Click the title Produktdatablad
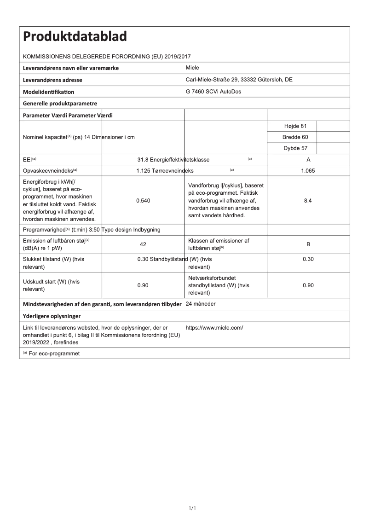pyautogui.click(x=75, y=36)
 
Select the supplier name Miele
pyautogui.click(x=192, y=68)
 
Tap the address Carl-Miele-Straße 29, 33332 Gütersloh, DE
pyautogui.click(x=239, y=80)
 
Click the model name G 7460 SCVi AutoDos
pyautogui.click(x=213, y=92)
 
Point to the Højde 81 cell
pyautogui.click(x=292, y=126)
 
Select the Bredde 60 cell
pyautogui.click(x=292, y=137)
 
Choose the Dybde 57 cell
pyautogui.click(x=292, y=148)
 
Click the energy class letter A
pyautogui.click(x=308, y=160)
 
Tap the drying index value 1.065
pyautogui.click(x=308, y=171)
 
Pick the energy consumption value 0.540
pyautogui.click(x=143, y=201)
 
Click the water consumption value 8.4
pyautogui.click(x=308, y=201)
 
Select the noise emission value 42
pyautogui.click(x=143, y=244)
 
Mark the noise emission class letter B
pyautogui.click(x=308, y=244)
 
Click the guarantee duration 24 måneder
pyautogui.click(x=201, y=304)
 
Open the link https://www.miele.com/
pyautogui.click(x=214, y=328)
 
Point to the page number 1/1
pyautogui.click(x=192, y=508)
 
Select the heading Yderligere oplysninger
pyautogui.click(x=52, y=316)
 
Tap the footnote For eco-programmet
pyautogui.click(x=54, y=354)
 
